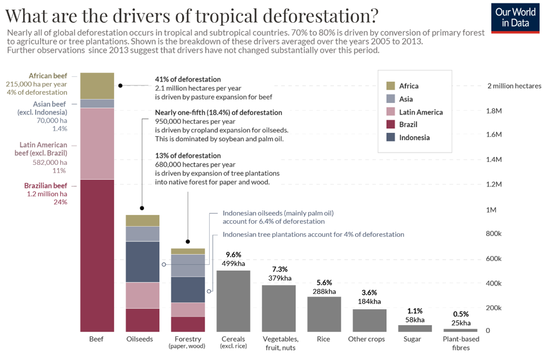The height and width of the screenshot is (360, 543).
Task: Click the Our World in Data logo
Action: pos(515,18)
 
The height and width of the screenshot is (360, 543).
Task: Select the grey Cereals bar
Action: pos(233,300)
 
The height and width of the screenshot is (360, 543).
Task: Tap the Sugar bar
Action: pos(415,328)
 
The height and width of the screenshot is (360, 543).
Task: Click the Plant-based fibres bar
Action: pos(460,330)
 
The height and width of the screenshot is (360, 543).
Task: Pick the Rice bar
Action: pos(324,314)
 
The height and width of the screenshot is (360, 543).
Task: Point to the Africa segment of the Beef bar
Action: pos(97,86)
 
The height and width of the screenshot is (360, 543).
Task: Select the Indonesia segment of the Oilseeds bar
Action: pos(143,261)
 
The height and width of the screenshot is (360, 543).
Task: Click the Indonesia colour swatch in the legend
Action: pos(390,137)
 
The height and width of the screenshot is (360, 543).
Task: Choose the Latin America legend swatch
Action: pos(390,112)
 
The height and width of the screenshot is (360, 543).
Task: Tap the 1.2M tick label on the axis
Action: pos(494,184)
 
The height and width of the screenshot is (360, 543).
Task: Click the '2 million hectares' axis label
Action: pos(514,86)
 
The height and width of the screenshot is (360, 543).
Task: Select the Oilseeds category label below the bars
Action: pos(139,339)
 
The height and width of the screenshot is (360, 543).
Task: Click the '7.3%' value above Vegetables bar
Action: pos(279,269)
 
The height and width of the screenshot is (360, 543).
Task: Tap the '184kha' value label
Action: pos(369,301)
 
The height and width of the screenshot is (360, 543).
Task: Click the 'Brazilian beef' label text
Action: pos(45,185)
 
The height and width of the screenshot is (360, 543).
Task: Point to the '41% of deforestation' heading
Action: pos(188,79)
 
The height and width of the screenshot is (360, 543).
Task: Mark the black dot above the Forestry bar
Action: pos(188,241)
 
